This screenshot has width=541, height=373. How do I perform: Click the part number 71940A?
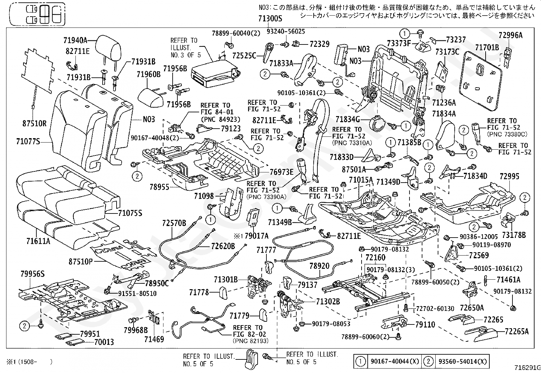pos(75,40)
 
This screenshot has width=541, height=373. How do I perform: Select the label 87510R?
pos(34,124)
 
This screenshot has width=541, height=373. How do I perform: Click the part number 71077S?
pos(28,142)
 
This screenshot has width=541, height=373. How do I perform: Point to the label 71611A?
pos(38,241)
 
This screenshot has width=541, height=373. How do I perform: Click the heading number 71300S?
pos(270,19)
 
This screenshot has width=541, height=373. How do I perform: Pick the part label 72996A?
pos(510,35)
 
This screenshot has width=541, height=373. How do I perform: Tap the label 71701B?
pos(487,47)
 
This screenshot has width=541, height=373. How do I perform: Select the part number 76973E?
pos(282,172)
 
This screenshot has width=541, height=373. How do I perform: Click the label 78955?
pos(159,187)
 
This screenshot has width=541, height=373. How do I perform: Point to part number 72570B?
pos(174,223)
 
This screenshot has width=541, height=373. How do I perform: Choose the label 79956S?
pos(33,274)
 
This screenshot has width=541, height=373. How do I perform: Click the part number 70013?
pos(104,342)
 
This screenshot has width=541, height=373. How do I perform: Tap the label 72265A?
pos(517,332)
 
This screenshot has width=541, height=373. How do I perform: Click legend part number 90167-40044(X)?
pos(395,361)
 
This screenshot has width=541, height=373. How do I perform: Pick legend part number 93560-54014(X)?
pos(463,361)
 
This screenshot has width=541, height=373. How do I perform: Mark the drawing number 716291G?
pos(527,368)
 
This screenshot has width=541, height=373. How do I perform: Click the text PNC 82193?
pos(251,341)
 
